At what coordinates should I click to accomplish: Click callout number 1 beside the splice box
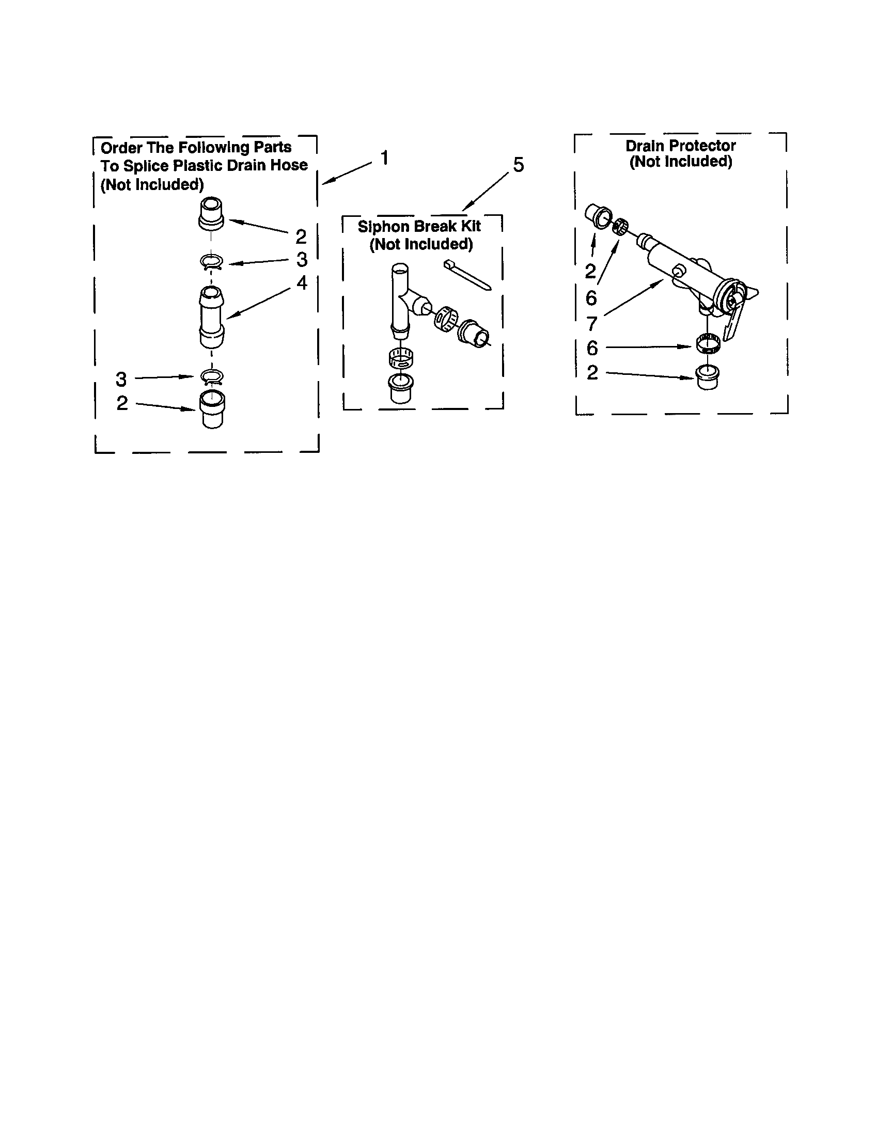click(x=384, y=157)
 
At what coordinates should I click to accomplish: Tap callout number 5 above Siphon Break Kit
click(x=518, y=165)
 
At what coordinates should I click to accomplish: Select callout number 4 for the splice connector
click(x=302, y=283)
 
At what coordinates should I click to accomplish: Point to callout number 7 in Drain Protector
click(x=591, y=324)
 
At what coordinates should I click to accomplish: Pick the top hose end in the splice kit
click(x=211, y=213)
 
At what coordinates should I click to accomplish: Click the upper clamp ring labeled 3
click(x=212, y=263)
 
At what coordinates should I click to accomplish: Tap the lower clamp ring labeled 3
click(x=212, y=376)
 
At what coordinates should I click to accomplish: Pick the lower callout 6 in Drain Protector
click(x=592, y=348)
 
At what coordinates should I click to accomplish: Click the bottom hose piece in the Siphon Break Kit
click(x=400, y=387)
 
